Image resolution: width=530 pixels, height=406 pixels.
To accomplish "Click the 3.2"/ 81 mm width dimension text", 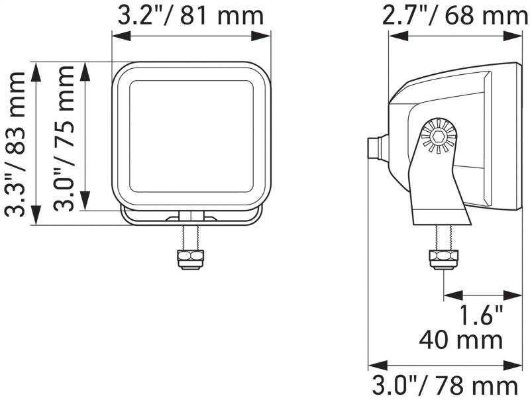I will (x=191, y=15).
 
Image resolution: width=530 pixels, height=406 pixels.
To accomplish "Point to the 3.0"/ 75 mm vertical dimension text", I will (x=64, y=137).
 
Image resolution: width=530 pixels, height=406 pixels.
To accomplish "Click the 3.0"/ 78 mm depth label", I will (x=445, y=387).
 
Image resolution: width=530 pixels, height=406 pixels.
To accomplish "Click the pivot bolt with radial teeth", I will (x=438, y=136).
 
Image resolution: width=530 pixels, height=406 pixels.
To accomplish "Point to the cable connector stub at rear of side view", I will (x=376, y=148).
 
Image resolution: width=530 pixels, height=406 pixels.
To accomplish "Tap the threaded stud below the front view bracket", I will (x=190, y=236).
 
